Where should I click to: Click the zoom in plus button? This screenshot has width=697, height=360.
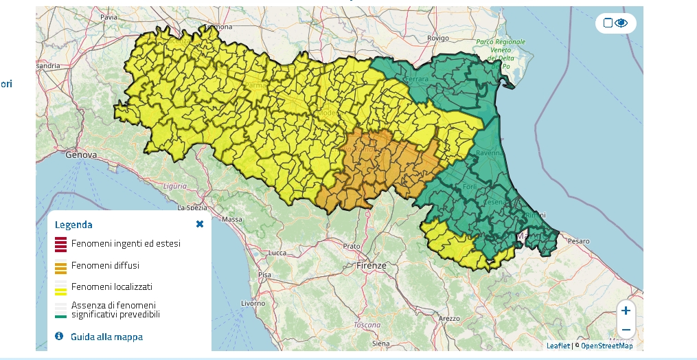click(x=626, y=311)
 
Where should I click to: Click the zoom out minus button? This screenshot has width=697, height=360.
click(x=626, y=330)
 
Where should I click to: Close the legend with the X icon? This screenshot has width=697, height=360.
click(x=200, y=224)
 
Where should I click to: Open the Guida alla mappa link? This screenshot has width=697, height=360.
click(x=106, y=337)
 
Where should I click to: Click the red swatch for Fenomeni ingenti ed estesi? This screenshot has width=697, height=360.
click(x=60, y=244)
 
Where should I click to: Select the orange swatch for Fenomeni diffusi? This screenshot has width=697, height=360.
click(x=60, y=267)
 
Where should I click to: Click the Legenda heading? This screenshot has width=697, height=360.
click(x=73, y=225)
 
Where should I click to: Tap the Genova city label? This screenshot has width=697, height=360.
click(x=81, y=155)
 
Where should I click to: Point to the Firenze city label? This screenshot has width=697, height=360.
click(x=372, y=265)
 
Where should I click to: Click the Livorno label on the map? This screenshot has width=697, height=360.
click(x=253, y=303)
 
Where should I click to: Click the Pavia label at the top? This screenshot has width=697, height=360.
click(x=108, y=16)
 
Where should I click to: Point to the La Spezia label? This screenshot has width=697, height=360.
click(x=193, y=207)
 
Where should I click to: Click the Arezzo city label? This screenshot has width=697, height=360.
click(x=449, y=319)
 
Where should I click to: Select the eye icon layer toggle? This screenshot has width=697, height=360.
click(x=621, y=23)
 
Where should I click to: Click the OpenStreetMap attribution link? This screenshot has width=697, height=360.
click(x=606, y=346)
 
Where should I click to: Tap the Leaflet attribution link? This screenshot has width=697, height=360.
click(x=558, y=346)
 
